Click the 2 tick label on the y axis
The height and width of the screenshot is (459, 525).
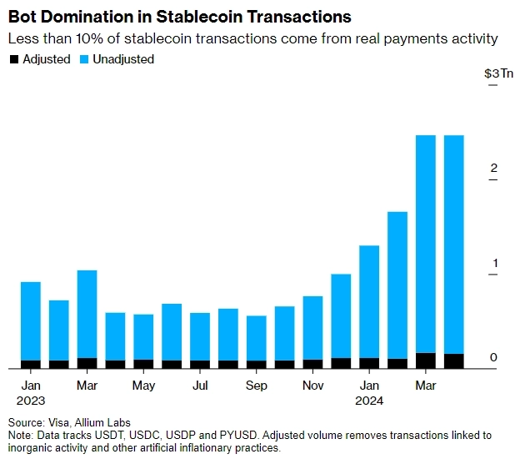tap(493, 169)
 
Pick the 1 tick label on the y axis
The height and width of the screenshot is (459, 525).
tap(493, 264)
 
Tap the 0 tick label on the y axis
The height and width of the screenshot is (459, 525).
tap(493, 358)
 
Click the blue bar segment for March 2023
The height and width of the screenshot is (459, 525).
tap(87, 314)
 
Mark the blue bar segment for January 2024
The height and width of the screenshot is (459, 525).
tap(369, 301)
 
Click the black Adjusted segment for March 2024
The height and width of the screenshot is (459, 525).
tap(426, 361)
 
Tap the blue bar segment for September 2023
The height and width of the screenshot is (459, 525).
tap(257, 338)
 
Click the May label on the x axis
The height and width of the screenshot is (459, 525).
tap(143, 386)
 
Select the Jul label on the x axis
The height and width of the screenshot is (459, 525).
tap(200, 386)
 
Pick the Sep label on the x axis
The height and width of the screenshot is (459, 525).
tap(257, 386)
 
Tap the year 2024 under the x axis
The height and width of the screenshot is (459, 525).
tap(369, 401)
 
